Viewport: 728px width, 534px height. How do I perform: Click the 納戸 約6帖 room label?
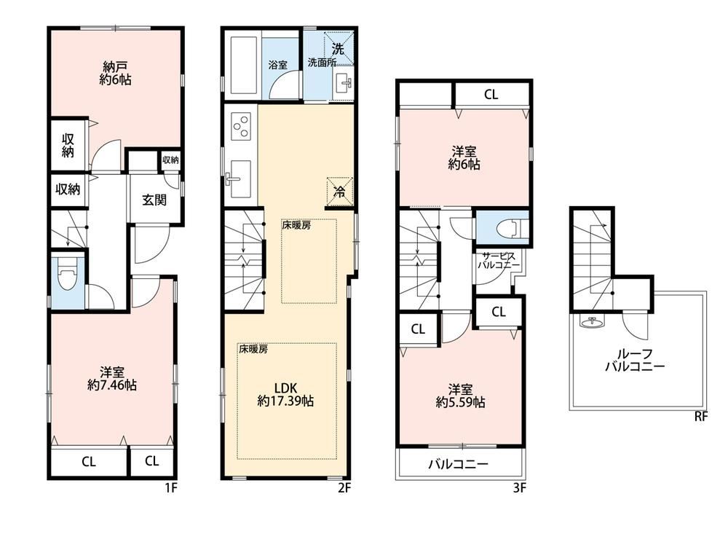(115, 74)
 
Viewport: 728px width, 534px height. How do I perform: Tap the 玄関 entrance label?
(154, 200)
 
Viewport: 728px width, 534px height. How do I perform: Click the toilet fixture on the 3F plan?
(510, 228)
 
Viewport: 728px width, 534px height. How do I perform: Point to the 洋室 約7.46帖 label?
(111, 378)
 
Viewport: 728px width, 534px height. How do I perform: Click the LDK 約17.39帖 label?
(285, 393)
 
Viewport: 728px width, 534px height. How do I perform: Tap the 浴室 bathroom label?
(277, 64)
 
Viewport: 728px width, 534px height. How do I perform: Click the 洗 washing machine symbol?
(338, 48)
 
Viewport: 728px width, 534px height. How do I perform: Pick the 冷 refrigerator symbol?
(339, 191)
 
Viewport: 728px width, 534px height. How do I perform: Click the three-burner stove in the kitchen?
(240, 127)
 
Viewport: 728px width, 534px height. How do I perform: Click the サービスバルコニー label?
(498, 261)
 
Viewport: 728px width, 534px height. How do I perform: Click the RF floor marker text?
(701, 417)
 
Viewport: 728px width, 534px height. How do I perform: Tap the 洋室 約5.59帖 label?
(460, 394)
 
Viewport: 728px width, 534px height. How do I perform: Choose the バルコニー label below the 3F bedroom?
(458, 463)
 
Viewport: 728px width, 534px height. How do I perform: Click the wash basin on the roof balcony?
(590, 321)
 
